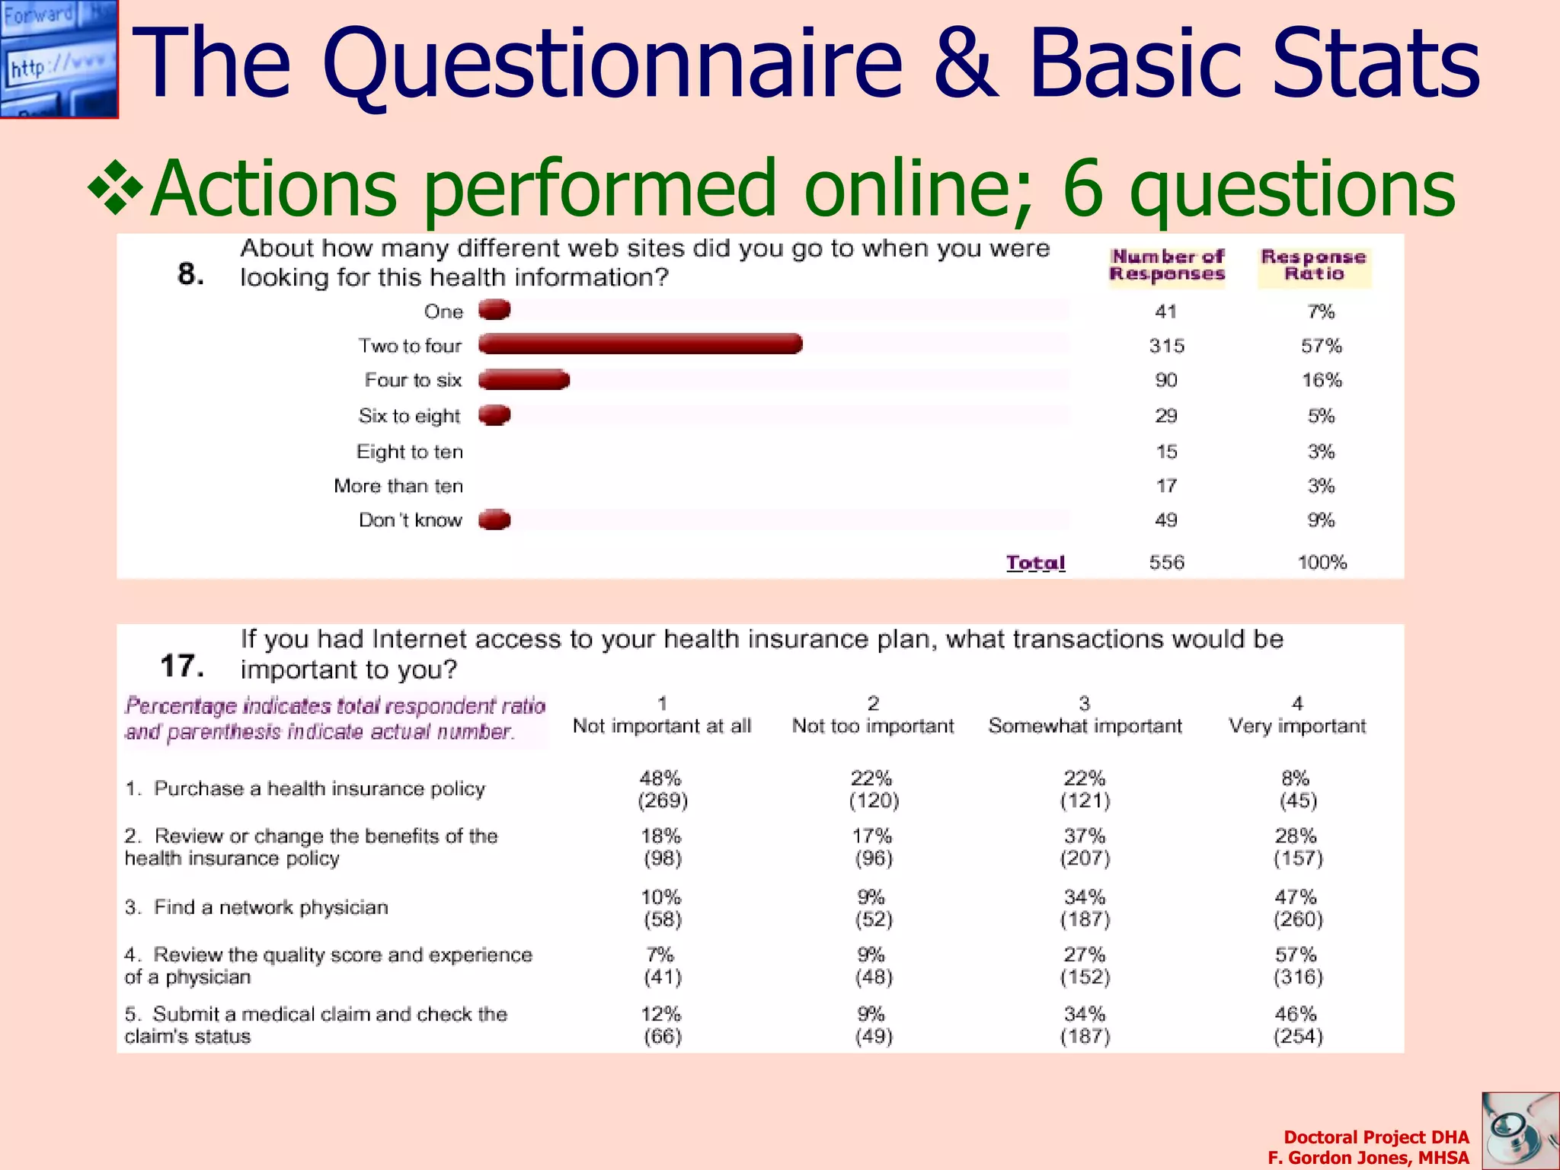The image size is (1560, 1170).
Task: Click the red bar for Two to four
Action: point(640,344)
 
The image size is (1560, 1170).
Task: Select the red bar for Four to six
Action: point(524,379)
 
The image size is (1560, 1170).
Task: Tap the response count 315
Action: point(1166,346)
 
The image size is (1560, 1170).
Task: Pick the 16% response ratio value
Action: point(1321,380)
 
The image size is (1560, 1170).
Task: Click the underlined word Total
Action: point(1035,563)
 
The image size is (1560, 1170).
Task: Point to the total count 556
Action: point(1166,563)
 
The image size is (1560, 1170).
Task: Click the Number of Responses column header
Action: point(1167,265)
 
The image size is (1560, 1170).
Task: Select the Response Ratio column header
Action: point(1314,265)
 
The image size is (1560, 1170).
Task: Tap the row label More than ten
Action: point(398,486)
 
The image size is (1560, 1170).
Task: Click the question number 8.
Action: point(190,273)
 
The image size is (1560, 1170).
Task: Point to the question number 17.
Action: point(182,666)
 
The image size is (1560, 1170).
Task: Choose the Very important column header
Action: point(1297,725)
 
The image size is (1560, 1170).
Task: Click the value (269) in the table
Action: point(662,801)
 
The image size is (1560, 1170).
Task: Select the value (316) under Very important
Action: point(1298,977)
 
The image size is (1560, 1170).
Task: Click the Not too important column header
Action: point(873,725)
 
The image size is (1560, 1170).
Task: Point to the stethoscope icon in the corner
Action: point(1520,1131)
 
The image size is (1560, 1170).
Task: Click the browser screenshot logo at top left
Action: point(59,59)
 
